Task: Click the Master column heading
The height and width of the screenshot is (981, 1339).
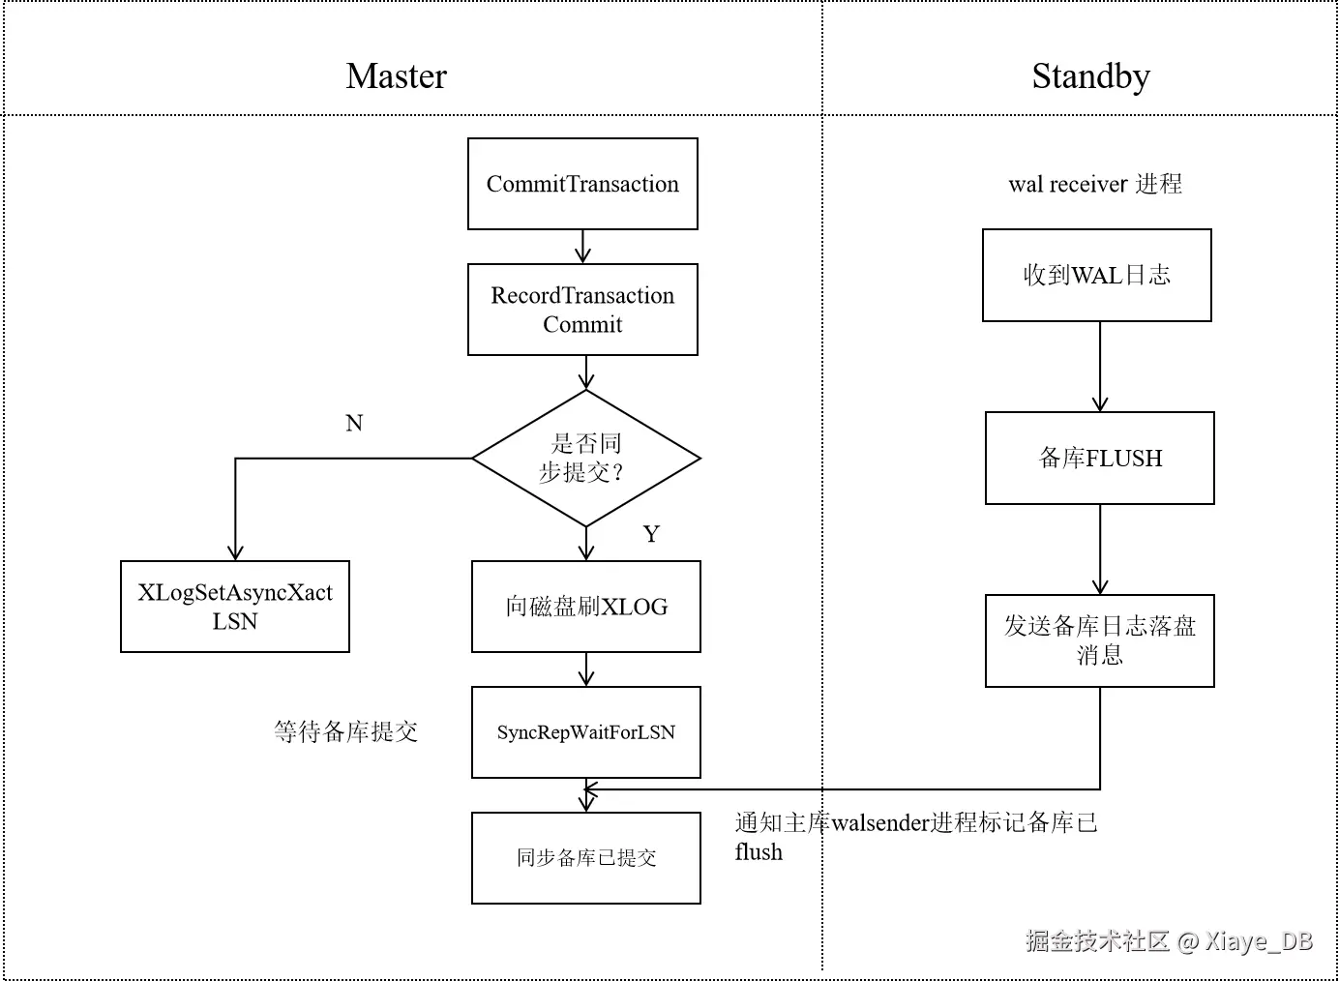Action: click(x=396, y=76)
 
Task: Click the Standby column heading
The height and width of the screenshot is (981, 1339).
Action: click(x=1090, y=76)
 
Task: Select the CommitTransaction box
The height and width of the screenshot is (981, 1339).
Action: click(x=582, y=184)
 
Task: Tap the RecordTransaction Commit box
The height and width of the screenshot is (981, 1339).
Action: click(x=582, y=310)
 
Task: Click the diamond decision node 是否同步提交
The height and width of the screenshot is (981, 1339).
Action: click(x=585, y=459)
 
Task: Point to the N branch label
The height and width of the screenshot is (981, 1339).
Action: click(x=354, y=423)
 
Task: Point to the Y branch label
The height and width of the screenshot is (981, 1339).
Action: click(x=651, y=534)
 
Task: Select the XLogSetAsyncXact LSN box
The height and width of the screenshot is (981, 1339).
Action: click(x=235, y=607)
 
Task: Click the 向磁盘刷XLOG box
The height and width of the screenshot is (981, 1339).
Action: click(x=586, y=607)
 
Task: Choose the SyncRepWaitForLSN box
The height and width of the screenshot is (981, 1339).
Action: click(x=586, y=732)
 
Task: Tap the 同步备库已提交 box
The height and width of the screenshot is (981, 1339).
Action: click(x=586, y=858)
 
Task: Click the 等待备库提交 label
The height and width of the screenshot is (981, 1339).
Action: click(x=345, y=732)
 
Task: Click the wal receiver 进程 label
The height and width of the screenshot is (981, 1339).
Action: click(x=1095, y=184)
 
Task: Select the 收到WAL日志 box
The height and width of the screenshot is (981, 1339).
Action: click(x=1097, y=275)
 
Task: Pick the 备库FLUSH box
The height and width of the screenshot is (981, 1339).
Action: click(x=1100, y=458)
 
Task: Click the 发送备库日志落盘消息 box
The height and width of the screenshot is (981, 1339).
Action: click(x=1100, y=640)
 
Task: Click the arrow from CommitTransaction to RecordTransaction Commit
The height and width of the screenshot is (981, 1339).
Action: click(x=582, y=247)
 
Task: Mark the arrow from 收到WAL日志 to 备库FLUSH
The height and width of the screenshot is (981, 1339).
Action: click(x=1100, y=368)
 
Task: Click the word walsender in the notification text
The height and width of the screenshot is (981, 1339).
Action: click(x=879, y=823)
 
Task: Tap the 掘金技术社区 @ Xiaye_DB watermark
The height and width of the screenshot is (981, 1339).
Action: click(x=1169, y=940)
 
